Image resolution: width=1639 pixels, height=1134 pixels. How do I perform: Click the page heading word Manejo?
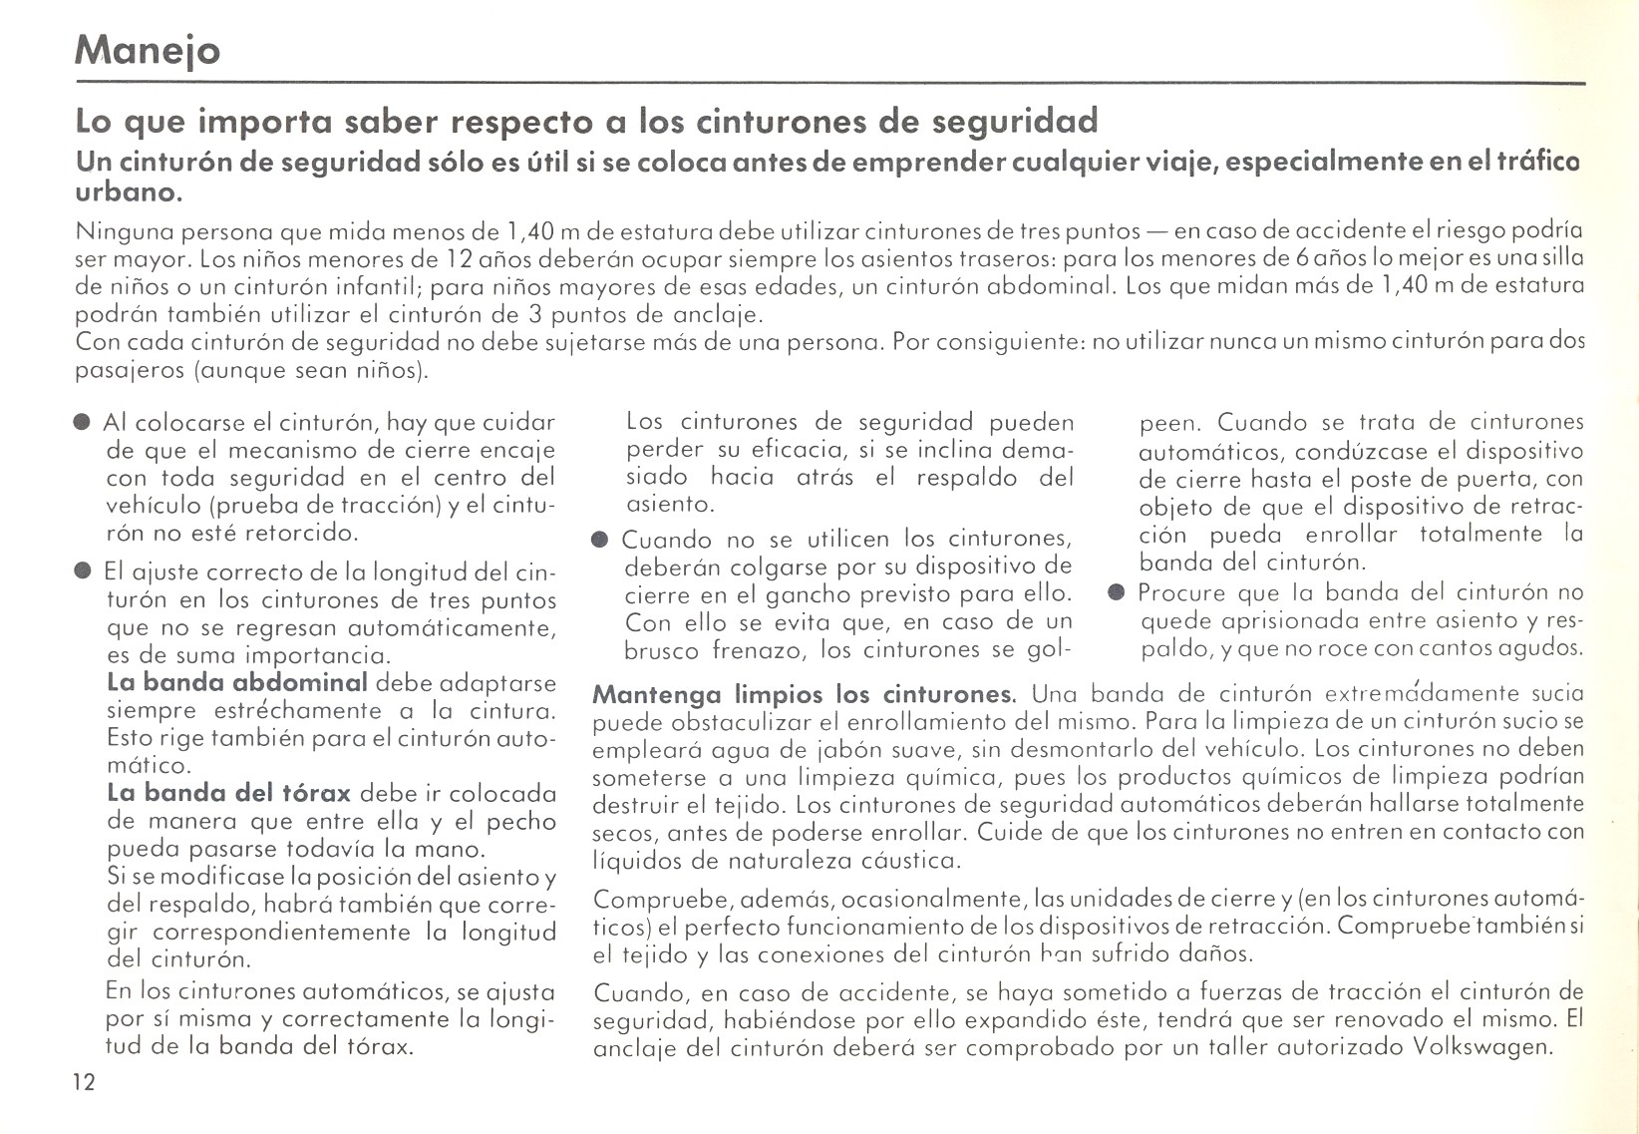tap(148, 50)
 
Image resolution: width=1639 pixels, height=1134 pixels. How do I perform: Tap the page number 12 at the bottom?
tap(84, 1083)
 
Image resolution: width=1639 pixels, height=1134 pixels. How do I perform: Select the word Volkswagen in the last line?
tap(1483, 1048)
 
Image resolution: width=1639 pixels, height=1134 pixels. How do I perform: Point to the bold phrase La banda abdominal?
tap(237, 683)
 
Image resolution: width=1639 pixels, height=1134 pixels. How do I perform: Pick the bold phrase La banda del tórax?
tap(228, 794)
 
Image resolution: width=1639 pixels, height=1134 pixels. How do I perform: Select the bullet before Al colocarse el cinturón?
tap(83, 423)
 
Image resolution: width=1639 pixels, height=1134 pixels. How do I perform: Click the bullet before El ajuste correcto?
tap(83, 573)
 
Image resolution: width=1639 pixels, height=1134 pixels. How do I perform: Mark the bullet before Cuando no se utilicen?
tap(599, 541)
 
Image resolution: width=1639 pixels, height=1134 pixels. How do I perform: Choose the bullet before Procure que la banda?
tap(1116, 593)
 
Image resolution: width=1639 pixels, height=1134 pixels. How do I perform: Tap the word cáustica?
tap(901, 860)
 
